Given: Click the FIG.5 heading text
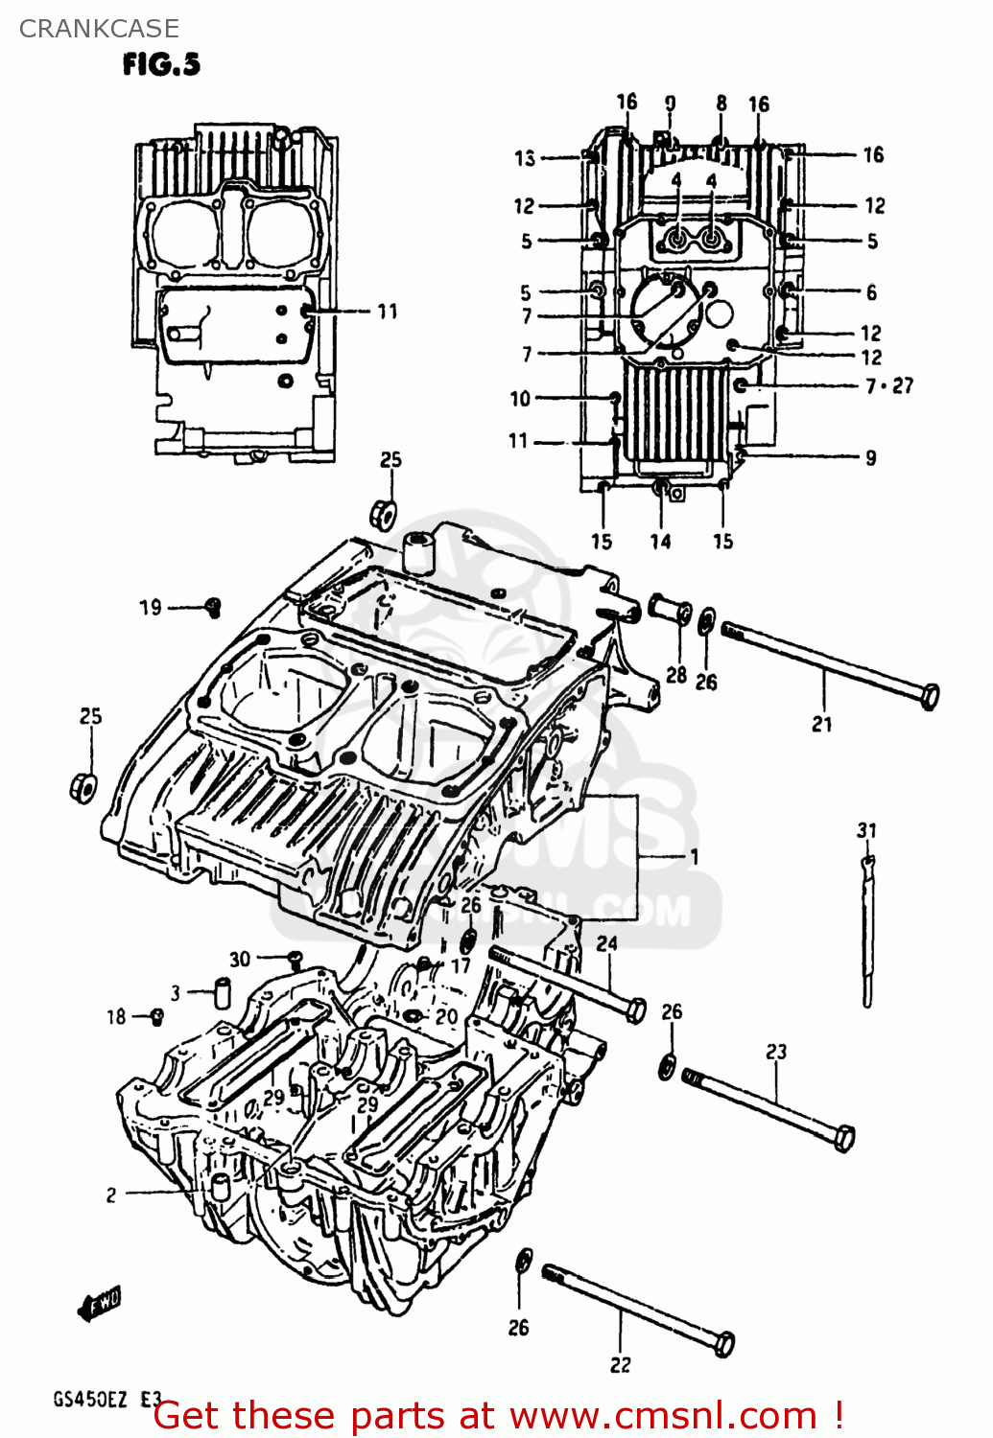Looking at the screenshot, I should tap(161, 64).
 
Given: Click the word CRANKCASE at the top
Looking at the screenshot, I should tap(99, 28).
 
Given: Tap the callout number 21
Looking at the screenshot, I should tap(822, 724).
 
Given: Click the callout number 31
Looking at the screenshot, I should tap(866, 830).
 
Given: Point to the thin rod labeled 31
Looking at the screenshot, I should tap(867, 930).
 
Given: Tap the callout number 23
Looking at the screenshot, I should tap(776, 1052).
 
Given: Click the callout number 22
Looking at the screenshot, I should tap(621, 1364).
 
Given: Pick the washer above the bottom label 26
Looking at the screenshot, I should tap(523, 1261).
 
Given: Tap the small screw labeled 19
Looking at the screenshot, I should tap(213, 605).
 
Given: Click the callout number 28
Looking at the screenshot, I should tap(676, 674).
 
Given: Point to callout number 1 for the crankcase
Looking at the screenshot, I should tap(694, 856).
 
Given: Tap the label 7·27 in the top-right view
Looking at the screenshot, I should tap(889, 385).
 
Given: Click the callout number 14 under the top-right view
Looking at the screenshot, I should tap(660, 542).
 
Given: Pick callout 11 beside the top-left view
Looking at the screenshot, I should tap(387, 311).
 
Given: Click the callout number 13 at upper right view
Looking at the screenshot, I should tap(524, 158).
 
